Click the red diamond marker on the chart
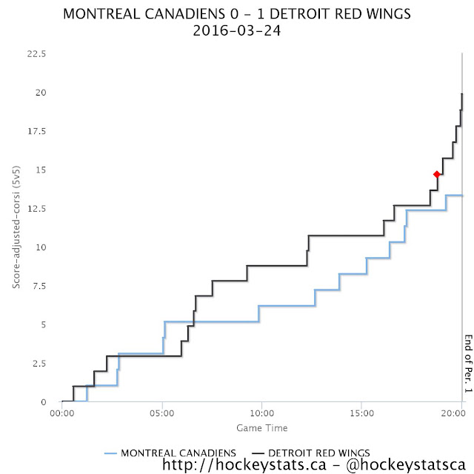tap(436, 174)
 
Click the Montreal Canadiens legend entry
tap(170, 453)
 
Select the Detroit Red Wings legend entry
tap(311, 453)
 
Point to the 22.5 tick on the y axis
tap(36, 54)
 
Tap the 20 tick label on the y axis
tap(41, 93)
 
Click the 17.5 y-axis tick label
tap(37, 131)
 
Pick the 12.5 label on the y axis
tap(37, 209)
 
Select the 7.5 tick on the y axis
tap(39, 286)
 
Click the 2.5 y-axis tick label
tap(39, 364)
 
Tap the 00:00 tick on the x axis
tap(62, 413)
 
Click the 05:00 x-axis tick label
tap(162, 413)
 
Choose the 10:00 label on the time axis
tap(261, 413)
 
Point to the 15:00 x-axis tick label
tap(362, 413)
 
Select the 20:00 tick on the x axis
tap(453, 413)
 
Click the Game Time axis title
tap(262, 428)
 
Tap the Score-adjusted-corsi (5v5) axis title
tap(16, 227)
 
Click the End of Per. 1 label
tap(468, 364)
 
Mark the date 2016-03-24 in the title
tap(237, 30)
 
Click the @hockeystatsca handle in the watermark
tap(406, 464)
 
